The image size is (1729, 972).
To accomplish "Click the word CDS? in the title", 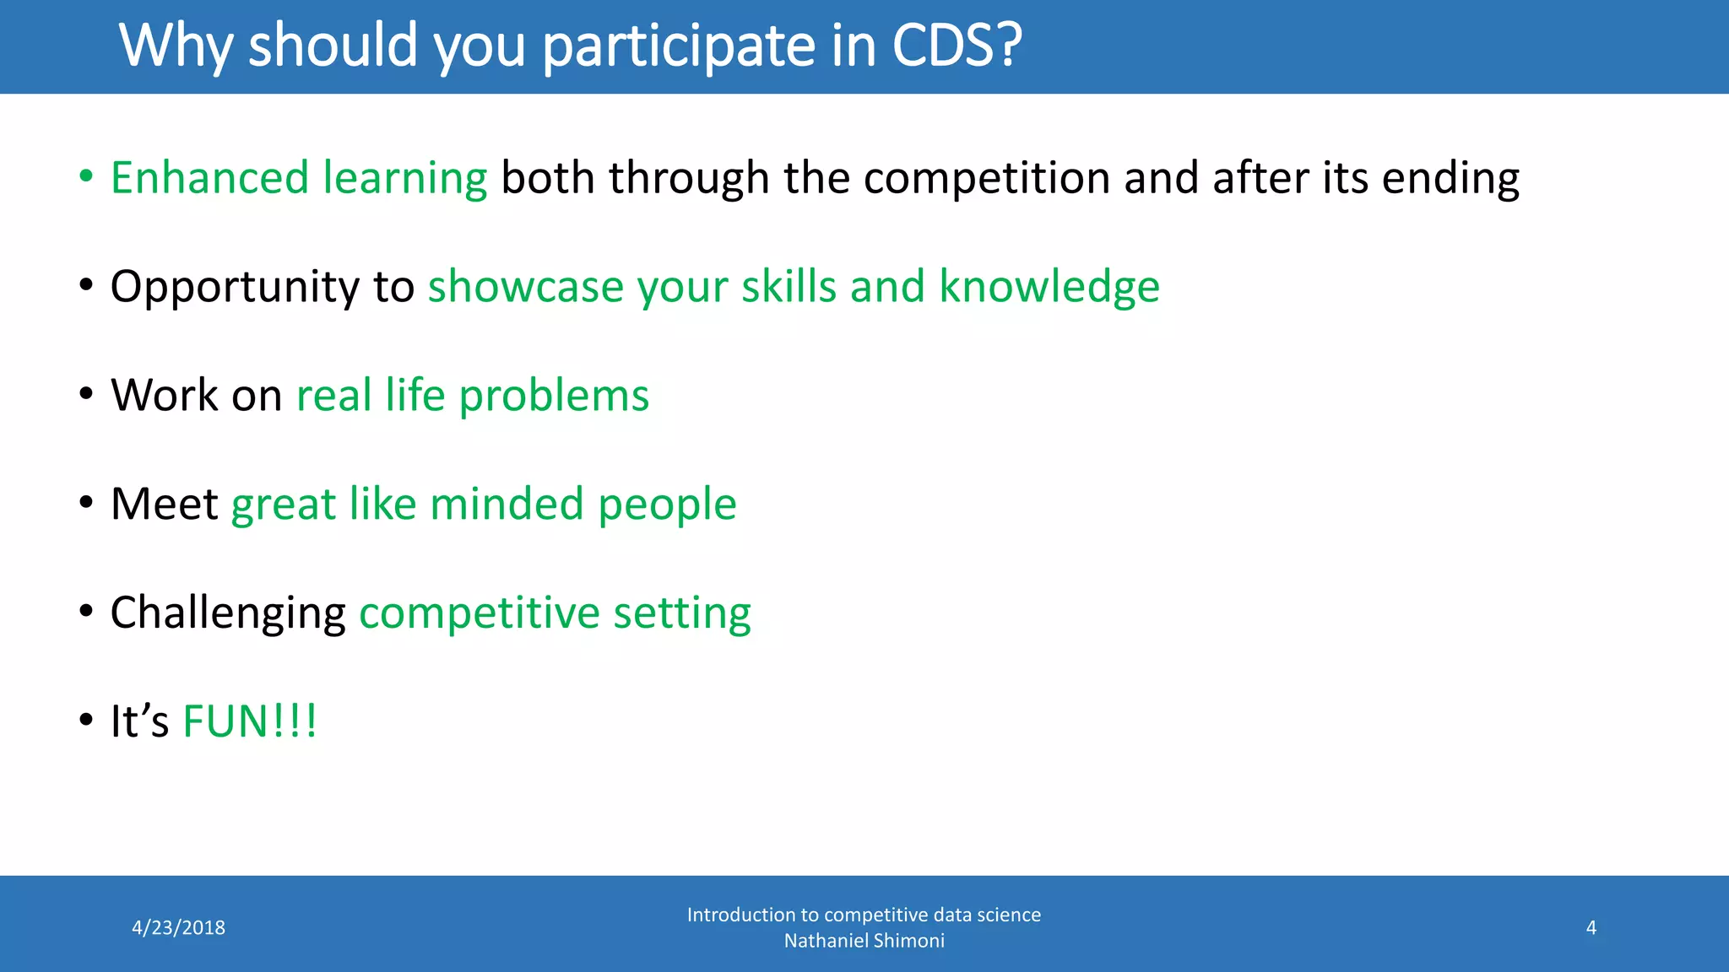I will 957,46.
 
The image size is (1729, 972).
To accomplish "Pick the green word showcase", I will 526,287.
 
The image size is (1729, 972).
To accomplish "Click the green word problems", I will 554,397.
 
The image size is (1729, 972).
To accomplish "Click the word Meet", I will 165,504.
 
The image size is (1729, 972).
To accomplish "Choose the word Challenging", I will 228,614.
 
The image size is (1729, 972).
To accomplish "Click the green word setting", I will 682,614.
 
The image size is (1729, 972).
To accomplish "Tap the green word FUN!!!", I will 250,722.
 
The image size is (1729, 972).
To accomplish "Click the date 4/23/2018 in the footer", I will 179,928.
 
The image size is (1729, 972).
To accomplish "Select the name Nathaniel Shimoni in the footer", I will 864,941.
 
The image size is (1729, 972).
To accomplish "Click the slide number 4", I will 1591,928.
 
